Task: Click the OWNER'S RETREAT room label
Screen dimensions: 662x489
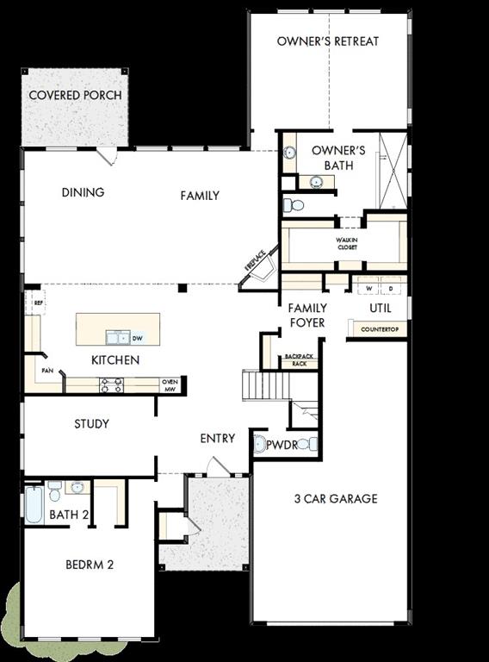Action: [x=328, y=41]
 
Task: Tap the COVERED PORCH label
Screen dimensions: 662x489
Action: [x=75, y=95]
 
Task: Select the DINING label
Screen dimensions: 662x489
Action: [x=83, y=192]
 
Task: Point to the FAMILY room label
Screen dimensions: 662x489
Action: [x=200, y=196]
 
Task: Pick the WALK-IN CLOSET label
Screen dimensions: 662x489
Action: [x=347, y=242]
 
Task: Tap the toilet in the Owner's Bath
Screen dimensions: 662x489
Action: [x=294, y=205]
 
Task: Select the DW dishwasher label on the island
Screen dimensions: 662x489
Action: [x=138, y=339]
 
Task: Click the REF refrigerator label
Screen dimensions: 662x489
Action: [x=38, y=303]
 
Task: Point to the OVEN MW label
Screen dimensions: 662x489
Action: [x=170, y=384]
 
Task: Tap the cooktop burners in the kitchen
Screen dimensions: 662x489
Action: [x=111, y=384]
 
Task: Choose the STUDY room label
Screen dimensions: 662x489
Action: [x=91, y=424]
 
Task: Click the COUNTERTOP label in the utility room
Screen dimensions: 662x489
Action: [x=379, y=329]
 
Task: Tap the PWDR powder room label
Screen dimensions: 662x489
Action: [x=282, y=445]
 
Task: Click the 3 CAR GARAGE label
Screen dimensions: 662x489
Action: [x=336, y=499]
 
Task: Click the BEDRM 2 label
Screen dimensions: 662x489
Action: [x=90, y=565]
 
